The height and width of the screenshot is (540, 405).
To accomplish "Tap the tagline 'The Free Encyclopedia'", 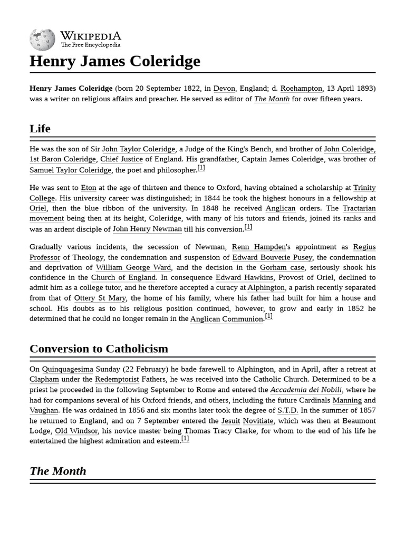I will tap(90, 45).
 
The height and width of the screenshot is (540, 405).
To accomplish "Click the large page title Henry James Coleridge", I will tap(115, 61).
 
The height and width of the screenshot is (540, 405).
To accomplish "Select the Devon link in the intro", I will tap(224, 88).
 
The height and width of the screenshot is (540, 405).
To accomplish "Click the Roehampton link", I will tap(301, 88).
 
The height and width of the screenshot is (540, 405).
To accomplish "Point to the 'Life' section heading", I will tap(40, 128).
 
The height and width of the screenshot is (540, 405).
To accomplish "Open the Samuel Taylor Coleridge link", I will tap(70, 170).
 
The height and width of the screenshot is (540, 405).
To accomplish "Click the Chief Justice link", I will tap(121, 159).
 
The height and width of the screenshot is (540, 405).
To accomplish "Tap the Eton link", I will tap(88, 188).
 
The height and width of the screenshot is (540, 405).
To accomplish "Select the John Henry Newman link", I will tap(147, 229).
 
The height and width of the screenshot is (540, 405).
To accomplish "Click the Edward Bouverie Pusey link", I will tap(272, 257).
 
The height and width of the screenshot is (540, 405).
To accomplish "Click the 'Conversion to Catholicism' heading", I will tap(99, 349).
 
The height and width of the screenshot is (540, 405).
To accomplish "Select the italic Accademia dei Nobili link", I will tap(306, 390).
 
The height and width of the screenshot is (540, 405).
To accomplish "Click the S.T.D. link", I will tap(287, 410).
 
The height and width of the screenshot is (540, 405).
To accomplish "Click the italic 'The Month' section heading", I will tap(57, 471).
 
